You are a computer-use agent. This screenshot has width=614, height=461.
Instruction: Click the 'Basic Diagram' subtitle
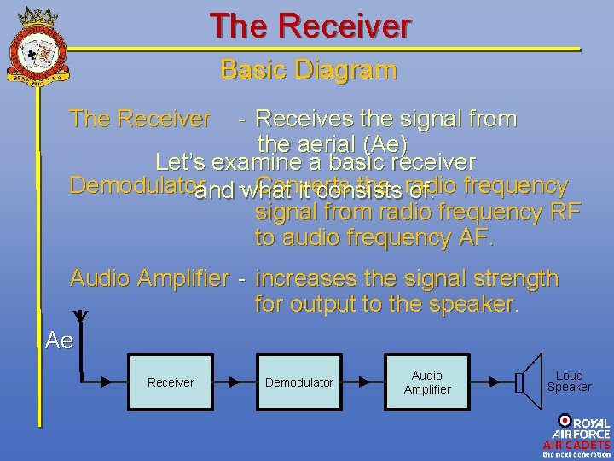point(308,69)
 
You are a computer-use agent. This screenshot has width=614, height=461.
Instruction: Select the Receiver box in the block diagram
point(171,382)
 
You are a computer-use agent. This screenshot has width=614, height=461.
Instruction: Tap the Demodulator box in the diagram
point(299,382)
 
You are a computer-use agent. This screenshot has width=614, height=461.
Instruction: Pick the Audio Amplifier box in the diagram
point(427,382)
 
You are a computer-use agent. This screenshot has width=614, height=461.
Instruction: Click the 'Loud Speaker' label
point(569,381)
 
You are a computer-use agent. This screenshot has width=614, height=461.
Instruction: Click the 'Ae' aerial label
point(59,341)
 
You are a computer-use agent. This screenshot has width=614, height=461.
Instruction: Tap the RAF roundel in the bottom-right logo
point(565,421)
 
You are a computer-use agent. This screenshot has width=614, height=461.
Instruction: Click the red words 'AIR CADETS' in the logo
point(577,445)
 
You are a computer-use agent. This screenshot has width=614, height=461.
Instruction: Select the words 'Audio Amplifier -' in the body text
point(158,278)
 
